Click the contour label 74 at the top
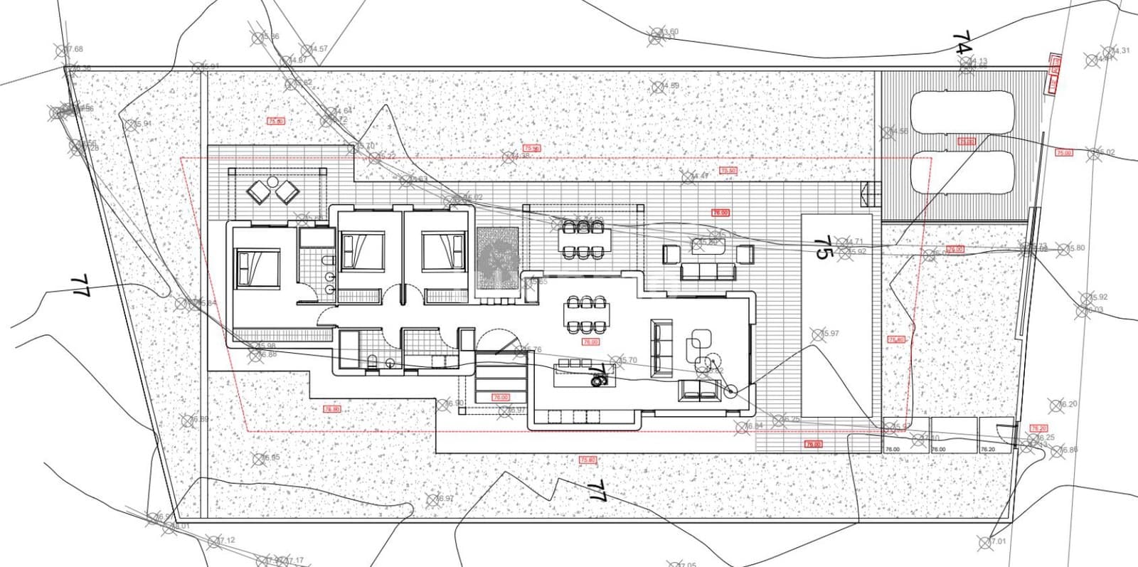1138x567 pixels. tap(962, 43)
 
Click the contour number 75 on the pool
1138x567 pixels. tap(822, 248)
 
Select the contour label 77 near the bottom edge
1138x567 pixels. tap(596, 491)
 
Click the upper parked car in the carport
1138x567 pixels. tap(962, 112)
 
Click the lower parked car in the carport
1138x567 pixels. tap(962, 173)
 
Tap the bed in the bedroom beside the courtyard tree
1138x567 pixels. tap(444, 253)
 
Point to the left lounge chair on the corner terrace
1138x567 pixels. tap(257, 191)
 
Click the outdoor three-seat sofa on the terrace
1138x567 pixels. tap(708, 270)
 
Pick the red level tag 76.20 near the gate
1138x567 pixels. tap(1038, 428)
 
